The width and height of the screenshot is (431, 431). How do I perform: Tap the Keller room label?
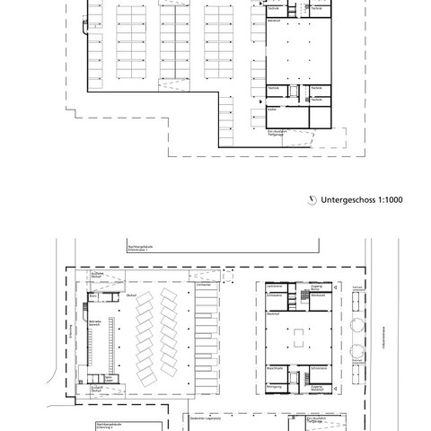(x=270, y=110)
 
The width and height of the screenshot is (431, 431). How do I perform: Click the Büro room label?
(x=108, y=378)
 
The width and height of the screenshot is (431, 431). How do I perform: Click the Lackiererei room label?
(x=275, y=286)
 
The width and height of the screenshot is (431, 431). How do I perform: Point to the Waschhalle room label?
(x=275, y=367)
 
